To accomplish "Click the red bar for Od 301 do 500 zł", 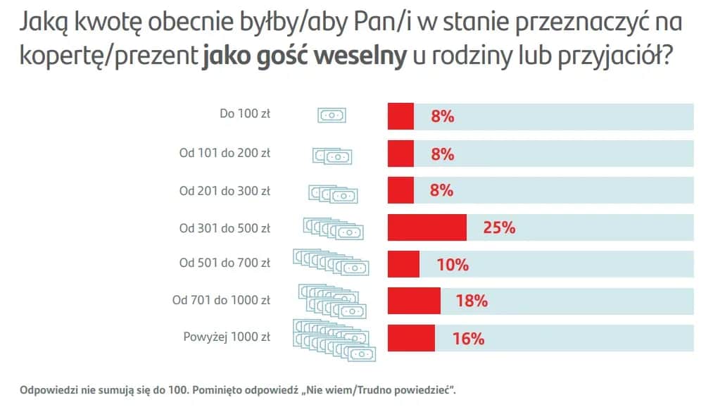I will click(x=427, y=227).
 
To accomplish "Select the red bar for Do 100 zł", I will click(x=400, y=116).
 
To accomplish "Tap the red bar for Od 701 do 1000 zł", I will click(x=414, y=301).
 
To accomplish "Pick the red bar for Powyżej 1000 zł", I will click(x=411, y=338).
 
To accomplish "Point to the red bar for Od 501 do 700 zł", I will click(x=403, y=265).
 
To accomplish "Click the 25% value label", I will click(x=499, y=227).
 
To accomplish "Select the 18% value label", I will click(x=471, y=301).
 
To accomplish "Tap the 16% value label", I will click(x=468, y=338).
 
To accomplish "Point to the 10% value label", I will click(x=452, y=265).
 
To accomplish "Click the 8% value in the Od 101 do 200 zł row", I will click(x=442, y=154).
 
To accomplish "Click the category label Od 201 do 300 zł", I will click(x=225, y=190).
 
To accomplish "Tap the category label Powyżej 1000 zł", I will click(x=227, y=337).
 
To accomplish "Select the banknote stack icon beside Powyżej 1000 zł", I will click(x=333, y=338).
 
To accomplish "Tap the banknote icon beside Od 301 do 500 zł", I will click(x=333, y=227).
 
